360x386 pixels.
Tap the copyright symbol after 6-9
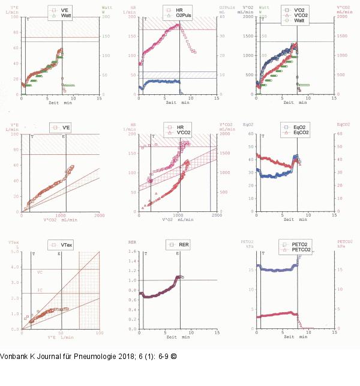point(173,356)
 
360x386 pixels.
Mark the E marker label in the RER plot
point(178,254)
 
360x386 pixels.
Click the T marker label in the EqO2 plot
point(262,136)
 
